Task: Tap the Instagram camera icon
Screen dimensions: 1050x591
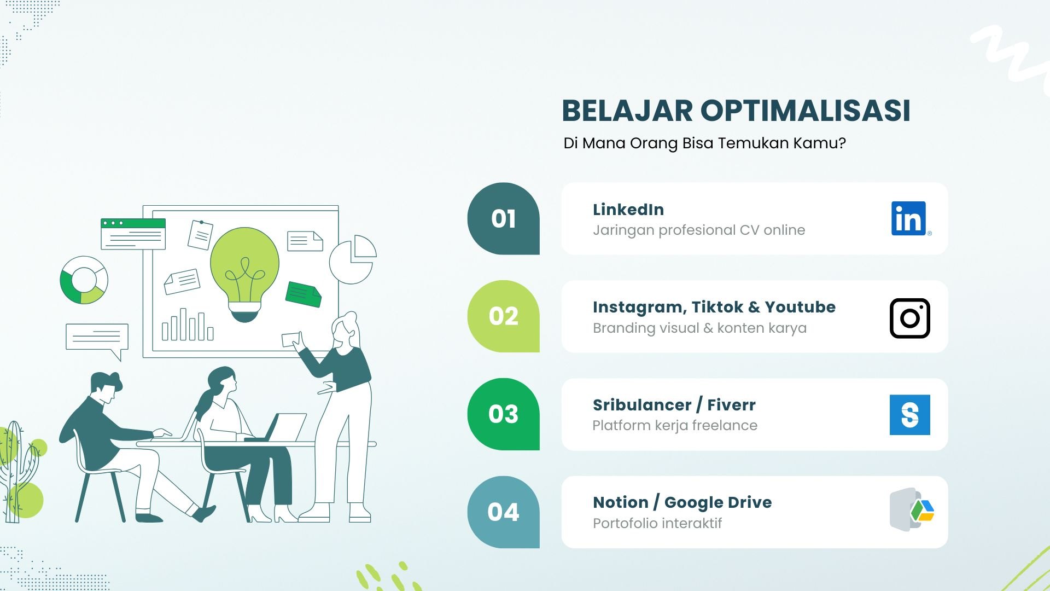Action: pos(910,318)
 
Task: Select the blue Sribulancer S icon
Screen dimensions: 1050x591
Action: pos(910,415)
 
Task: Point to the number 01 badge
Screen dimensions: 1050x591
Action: pos(503,218)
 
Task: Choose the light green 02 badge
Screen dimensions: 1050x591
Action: pos(503,316)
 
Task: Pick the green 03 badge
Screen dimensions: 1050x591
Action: pos(503,414)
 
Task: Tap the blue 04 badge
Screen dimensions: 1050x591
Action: pos(503,512)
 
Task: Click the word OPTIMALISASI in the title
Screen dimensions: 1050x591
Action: pos(806,111)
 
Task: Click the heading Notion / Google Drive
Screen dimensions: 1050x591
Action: pos(682,502)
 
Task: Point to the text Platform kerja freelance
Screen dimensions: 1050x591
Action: pos(675,425)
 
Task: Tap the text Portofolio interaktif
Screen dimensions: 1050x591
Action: pos(657,523)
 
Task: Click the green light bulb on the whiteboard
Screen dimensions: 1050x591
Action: pos(244,274)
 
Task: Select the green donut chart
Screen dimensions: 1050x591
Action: pos(84,280)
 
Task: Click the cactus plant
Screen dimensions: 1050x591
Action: pos(16,471)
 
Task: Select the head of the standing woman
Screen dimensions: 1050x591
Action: pos(346,329)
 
